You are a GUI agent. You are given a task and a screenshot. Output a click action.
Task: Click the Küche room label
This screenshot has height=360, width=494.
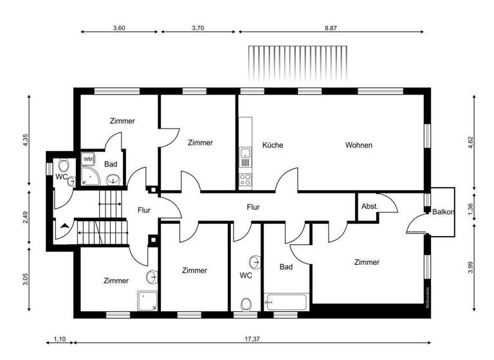[273, 145]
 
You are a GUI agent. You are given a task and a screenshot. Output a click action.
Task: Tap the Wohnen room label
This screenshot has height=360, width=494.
[358, 145]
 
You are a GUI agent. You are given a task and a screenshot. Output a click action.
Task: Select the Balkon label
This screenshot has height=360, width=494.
[444, 212]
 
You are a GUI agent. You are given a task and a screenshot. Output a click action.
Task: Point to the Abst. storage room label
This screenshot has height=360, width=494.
[370, 206]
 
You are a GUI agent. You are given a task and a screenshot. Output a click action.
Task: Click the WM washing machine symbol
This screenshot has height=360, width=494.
[87, 158]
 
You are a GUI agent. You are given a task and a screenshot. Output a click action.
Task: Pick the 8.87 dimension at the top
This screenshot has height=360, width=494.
[331, 28]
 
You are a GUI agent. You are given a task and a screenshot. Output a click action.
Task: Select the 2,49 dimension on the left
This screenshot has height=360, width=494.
[25, 217]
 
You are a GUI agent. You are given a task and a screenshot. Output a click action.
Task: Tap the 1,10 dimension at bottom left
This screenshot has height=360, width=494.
[59, 339]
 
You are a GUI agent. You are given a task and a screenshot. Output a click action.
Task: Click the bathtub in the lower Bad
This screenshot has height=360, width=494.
[288, 301]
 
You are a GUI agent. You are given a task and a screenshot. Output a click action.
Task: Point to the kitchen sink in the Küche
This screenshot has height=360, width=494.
[245, 154]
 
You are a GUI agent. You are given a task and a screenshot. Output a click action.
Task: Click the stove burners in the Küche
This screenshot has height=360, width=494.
[245, 177]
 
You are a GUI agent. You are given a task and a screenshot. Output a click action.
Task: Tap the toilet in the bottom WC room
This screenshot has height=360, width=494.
[246, 303]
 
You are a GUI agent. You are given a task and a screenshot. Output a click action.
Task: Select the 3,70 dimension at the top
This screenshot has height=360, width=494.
[199, 28]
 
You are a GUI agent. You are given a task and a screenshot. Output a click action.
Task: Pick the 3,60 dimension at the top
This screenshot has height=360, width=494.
[119, 28]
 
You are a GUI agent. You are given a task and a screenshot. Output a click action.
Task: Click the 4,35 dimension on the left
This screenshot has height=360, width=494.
[25, 141]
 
